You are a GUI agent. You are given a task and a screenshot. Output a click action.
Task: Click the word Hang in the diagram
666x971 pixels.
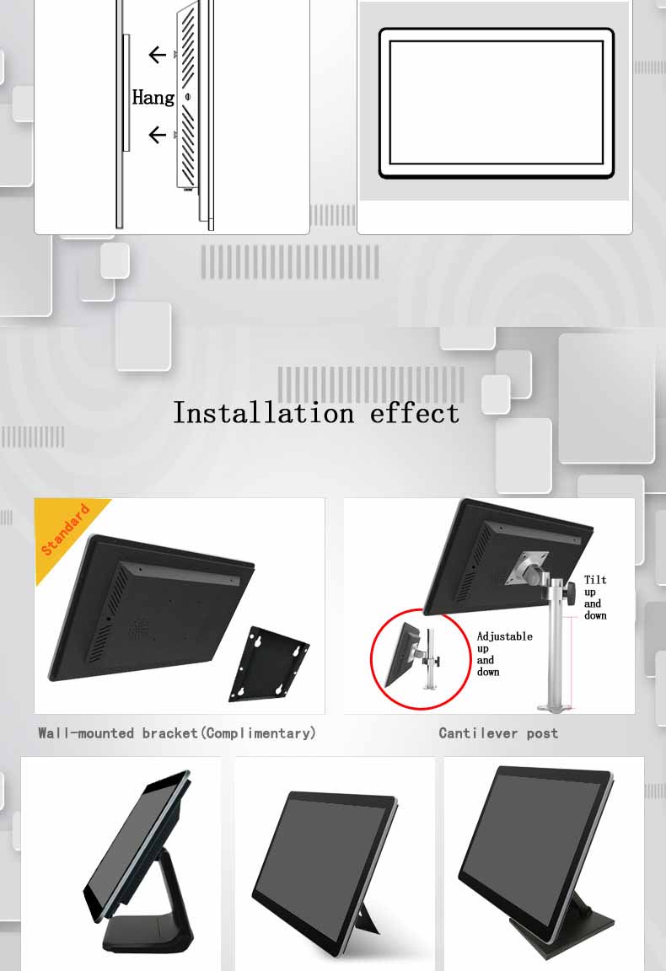[x=153, y=97]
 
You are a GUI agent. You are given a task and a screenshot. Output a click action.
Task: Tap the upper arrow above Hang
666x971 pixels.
[x=158, y=55]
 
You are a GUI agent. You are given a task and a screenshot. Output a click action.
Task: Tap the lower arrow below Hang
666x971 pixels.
[x=158, y=134]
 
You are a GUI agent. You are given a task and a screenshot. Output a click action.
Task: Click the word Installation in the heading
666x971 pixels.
[x=264, y=413]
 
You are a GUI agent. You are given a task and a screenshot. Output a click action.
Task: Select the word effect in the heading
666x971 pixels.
[x=415, y=413]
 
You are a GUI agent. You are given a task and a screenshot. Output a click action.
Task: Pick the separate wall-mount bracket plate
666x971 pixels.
[x=270, y=664]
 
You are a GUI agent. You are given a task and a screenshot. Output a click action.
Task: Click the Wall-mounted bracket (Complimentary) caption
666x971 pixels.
[x=177, y=733]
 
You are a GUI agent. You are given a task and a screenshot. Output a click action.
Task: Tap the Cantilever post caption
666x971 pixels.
[x=499, y=733]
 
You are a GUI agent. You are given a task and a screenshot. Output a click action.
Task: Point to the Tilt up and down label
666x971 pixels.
[x=595, y=598]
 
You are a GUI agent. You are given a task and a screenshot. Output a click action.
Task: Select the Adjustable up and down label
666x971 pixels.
[x=504, y=654]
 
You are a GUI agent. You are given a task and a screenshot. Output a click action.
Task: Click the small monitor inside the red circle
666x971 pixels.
[x=400, y=655]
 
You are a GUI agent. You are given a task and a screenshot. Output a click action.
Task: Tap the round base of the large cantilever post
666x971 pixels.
[x=556, y=706]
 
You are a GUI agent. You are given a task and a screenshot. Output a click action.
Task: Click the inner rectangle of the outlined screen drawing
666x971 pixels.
[x=497, y=103]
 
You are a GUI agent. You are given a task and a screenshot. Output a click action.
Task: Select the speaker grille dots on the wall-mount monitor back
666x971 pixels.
[x=137, y=630]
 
